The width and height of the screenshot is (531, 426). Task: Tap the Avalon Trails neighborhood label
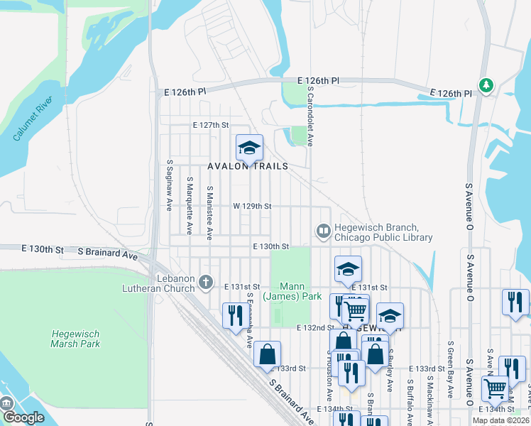click(x=248, y=166)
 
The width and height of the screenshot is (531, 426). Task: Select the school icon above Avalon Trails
click(x=249, y=148)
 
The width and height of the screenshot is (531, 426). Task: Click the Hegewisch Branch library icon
click(x=323, y=231)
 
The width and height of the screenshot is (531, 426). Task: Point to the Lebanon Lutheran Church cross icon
click(x=206, y=283)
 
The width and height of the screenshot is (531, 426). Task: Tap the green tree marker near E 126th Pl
click(x=486, y=86)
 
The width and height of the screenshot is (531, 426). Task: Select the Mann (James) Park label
click(x=292, y=290)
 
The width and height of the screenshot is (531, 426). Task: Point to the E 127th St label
click(x=212, y=125)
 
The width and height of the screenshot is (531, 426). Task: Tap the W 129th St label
click(x=252, y=206)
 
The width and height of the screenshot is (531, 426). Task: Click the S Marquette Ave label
click(x=190, y=205)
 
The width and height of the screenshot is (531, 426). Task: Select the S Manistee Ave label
click(x=209, y=212)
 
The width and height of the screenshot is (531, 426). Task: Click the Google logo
click(x=23, y=417)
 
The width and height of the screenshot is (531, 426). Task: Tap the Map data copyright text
click(x=500, y=420)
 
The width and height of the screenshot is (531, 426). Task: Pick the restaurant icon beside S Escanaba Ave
click(x=235, y=315)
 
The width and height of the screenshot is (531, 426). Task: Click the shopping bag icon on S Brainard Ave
click(x=267, y=354)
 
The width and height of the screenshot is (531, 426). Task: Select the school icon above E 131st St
click(x=348, y=269)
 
